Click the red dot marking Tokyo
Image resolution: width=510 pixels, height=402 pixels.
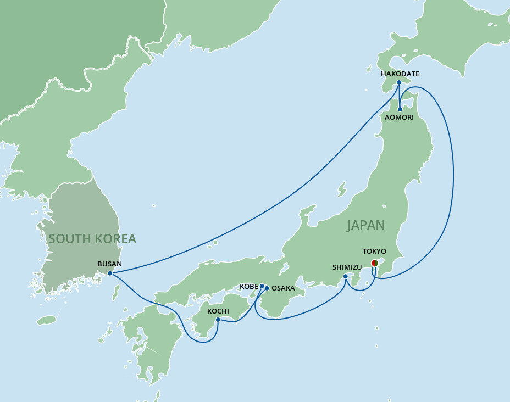375,263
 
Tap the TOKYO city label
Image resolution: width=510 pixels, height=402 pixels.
375,251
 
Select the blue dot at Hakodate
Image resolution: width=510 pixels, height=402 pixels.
399,83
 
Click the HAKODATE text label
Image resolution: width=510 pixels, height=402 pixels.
400,74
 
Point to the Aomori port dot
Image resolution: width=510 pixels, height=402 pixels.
400,109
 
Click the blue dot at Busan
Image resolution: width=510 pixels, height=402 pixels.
110,273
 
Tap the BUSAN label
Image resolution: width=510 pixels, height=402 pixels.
109,264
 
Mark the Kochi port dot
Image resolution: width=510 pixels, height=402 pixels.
218,320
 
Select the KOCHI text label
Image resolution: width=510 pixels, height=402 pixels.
218,311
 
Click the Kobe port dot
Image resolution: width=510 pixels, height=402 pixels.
262,286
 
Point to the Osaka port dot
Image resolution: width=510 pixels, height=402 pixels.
267,288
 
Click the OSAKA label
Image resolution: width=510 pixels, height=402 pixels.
284,288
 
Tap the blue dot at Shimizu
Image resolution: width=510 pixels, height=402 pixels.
345,276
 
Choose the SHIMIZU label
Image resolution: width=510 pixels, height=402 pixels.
346,267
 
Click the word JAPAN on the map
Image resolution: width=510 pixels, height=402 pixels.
365,225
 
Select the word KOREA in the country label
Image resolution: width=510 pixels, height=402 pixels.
114,239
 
